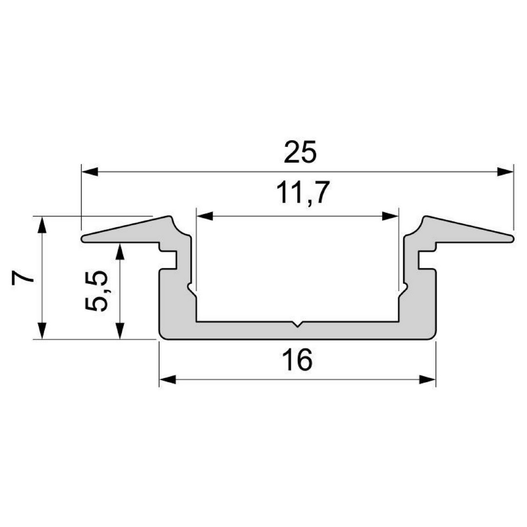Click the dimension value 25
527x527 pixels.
click(x=300, y=152)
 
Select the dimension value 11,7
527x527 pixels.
click(x=302, y=193)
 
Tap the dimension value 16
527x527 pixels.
click(x=297, y=360)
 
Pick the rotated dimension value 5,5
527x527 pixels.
click(x=96, y=291)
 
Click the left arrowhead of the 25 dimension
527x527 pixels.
click(x=90, y=172)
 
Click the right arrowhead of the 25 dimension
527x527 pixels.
click(x=506, y=172)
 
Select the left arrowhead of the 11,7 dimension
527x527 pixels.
click(x=204, y=216)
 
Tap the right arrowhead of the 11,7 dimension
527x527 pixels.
click(x=390, y=216)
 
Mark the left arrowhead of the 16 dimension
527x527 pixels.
click(x=167, y=380)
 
